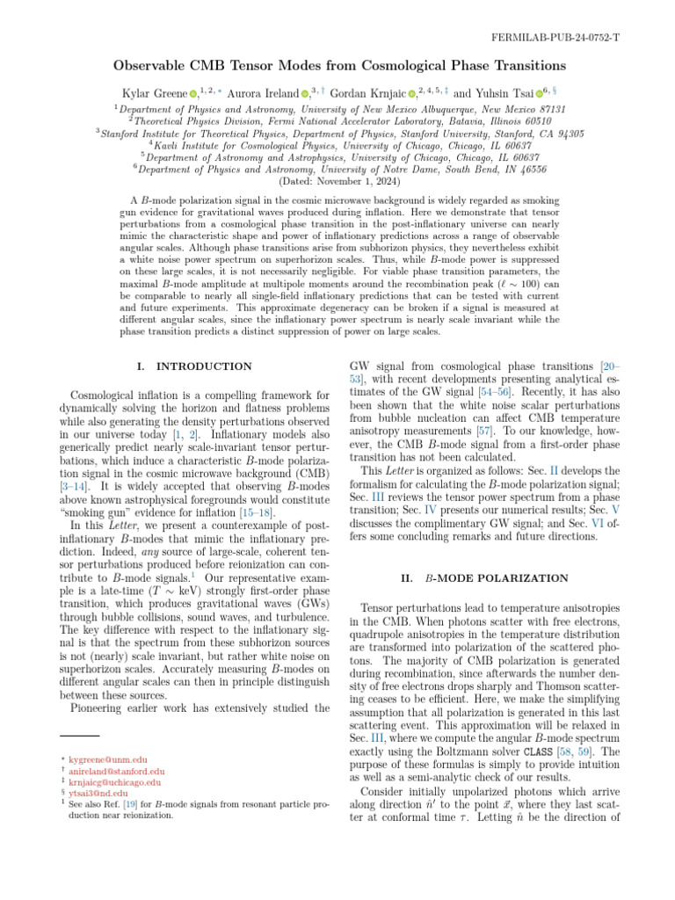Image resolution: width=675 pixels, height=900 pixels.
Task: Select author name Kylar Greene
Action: pyautogui.click(x=156, y=93)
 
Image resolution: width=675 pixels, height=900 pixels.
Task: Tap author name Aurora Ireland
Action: pyautogui.click(x=265, y=93)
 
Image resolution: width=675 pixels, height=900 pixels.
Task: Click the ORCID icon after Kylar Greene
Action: pyautogui.click(x=193, y=94)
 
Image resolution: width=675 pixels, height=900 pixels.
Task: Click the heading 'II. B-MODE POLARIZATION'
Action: pyautogui.click(x=484, y=578)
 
